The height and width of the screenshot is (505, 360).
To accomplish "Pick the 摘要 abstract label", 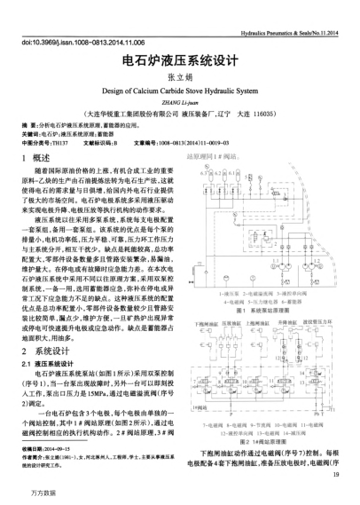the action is pos(27,126).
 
